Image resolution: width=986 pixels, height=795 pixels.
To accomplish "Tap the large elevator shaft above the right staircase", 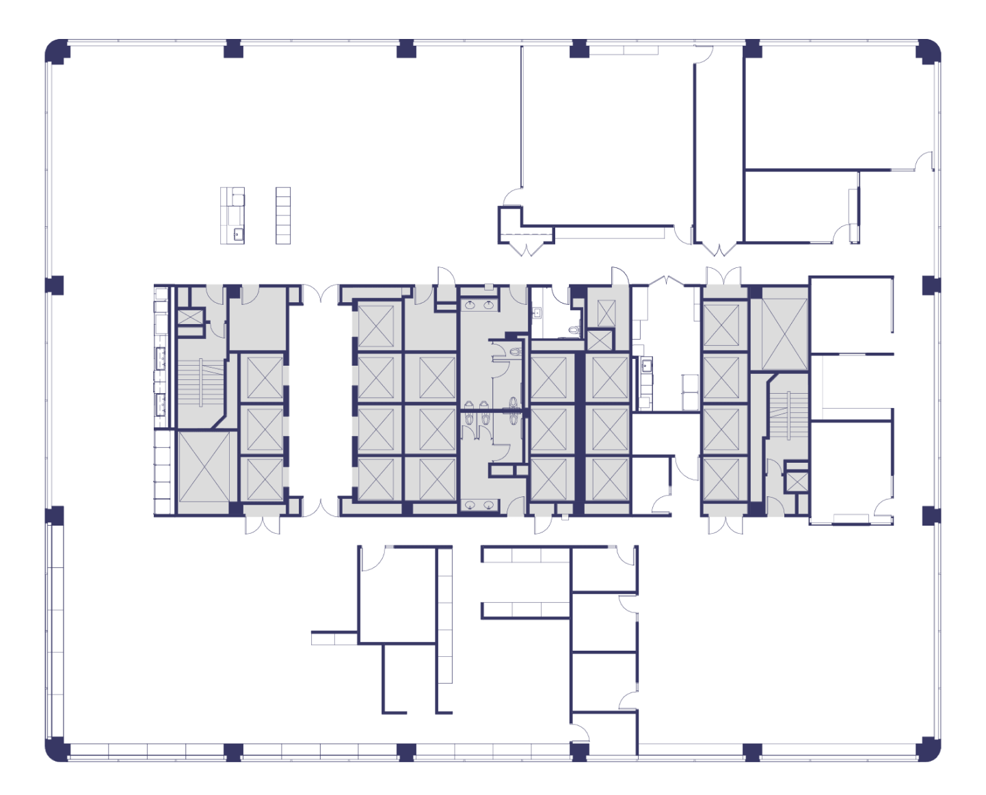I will (x=784, y=334).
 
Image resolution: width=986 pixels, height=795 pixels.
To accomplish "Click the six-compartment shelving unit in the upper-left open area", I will (x=283, y=215).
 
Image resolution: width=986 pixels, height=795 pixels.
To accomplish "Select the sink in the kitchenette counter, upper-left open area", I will (x=238, y=234).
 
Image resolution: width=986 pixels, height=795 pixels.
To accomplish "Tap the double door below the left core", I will (x=262, y=525).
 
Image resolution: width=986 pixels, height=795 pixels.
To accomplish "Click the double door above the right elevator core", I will (x=723, y=275).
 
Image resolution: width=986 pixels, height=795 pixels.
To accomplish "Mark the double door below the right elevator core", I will (x=725, y=525).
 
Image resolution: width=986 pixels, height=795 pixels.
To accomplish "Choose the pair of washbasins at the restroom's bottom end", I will (x=478, y=505).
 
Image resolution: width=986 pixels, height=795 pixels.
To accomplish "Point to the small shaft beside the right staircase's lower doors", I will (x=797, y=481).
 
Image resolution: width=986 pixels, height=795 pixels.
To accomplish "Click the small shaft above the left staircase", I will (x=190, y=317).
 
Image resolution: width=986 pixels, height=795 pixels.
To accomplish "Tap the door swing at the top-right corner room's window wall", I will (x=924, y=161).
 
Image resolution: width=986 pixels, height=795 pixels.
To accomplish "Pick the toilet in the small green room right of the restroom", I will (x=572, y=330).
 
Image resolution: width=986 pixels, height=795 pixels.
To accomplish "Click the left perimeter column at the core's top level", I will (x=55, y=285).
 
